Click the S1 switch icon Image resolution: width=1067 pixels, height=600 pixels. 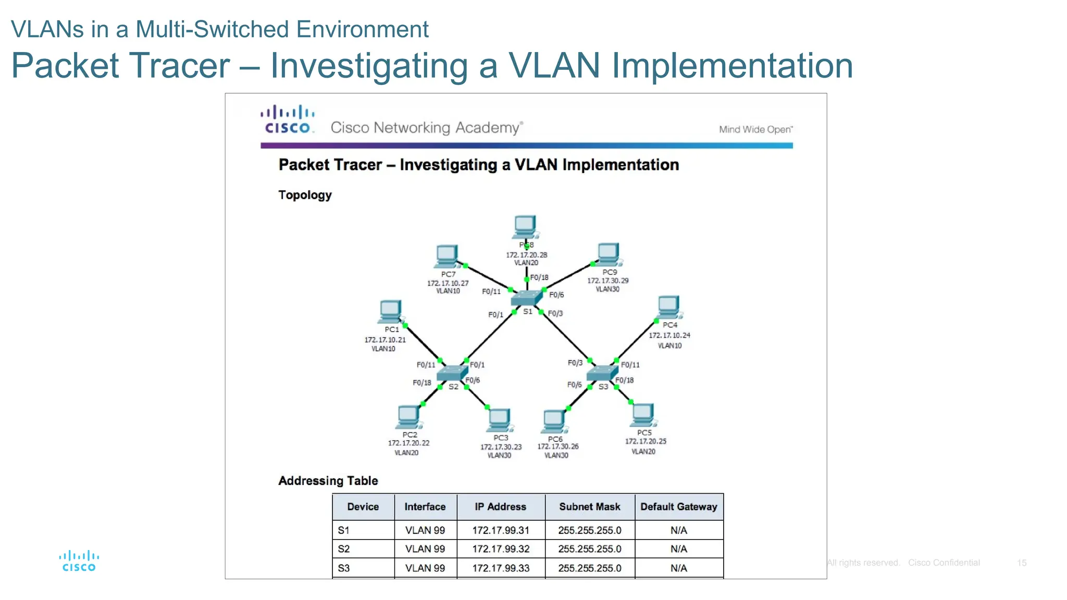coord(526,298)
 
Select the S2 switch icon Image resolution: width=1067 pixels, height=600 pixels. coord(452,373)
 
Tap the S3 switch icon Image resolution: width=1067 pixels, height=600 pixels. coord(602,373)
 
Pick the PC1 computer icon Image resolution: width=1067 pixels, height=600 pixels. coord(391,312)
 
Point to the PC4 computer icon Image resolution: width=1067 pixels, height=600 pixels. coord(669,307)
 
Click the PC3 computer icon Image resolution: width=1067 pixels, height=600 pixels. coord(499,420)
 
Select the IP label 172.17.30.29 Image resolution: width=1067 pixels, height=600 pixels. coord(608,281)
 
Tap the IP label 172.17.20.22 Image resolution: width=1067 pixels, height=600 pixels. coord(408,443)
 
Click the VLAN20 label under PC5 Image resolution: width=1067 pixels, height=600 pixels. coord(643,452)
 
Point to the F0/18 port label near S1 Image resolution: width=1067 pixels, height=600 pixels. coord(539,278)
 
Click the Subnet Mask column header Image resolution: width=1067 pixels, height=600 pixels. coord(589,507)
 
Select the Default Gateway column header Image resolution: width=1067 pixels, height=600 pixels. coord(678,507)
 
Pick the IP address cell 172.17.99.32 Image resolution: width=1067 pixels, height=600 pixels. coord(501,549)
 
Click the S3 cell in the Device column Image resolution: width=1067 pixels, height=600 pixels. coord(344,568)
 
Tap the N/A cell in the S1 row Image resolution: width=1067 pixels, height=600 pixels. coord(678,530)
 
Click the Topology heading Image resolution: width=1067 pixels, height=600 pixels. coord(305,195)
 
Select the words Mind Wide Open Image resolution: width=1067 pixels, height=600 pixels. coord(755,130)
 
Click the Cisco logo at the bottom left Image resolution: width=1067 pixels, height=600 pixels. coord(79,561)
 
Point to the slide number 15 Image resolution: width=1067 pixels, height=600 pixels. coord(1022,563)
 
